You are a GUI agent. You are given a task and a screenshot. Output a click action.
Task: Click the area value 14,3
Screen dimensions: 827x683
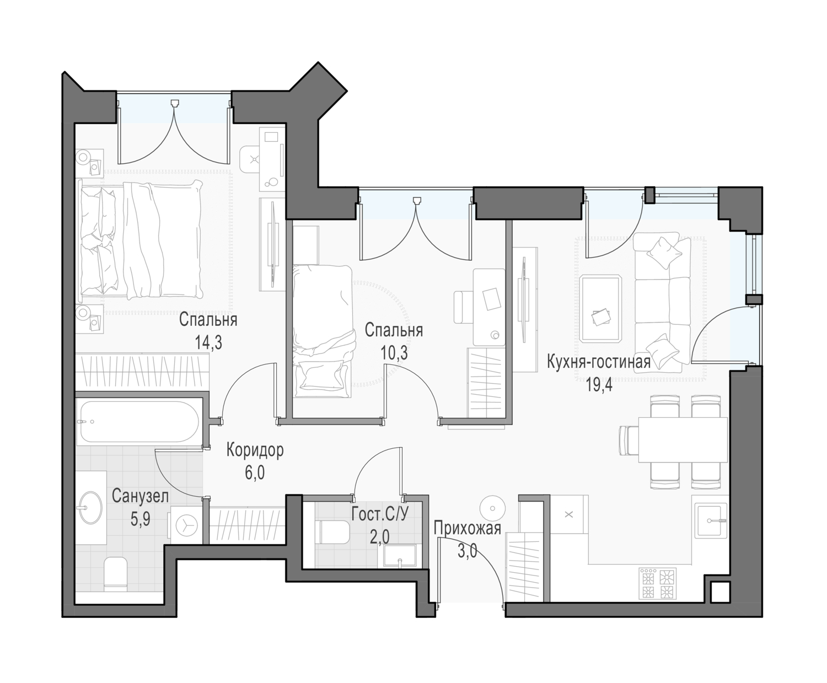pos(208,342)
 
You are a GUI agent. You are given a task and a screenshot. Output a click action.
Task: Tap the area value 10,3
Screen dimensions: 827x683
pos(394,352)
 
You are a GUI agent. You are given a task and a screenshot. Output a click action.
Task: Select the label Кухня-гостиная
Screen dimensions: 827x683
pos(598,362)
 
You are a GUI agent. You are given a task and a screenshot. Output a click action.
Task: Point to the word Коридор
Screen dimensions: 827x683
pos(255,450)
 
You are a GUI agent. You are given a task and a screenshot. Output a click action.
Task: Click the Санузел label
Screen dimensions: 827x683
pos(140,496)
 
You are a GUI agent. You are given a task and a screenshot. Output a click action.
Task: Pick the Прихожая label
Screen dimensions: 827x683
pos(468,528)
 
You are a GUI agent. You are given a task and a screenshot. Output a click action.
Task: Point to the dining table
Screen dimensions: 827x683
pos(683,439)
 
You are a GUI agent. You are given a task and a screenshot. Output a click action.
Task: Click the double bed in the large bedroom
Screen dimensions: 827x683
pos(141,239)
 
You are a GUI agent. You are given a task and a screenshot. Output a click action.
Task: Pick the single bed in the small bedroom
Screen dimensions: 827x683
pos(323,331)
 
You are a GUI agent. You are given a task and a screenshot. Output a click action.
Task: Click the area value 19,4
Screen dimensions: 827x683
pos(599,384)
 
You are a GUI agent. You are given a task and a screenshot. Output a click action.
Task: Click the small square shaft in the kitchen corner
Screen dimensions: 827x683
pos(719,593)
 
